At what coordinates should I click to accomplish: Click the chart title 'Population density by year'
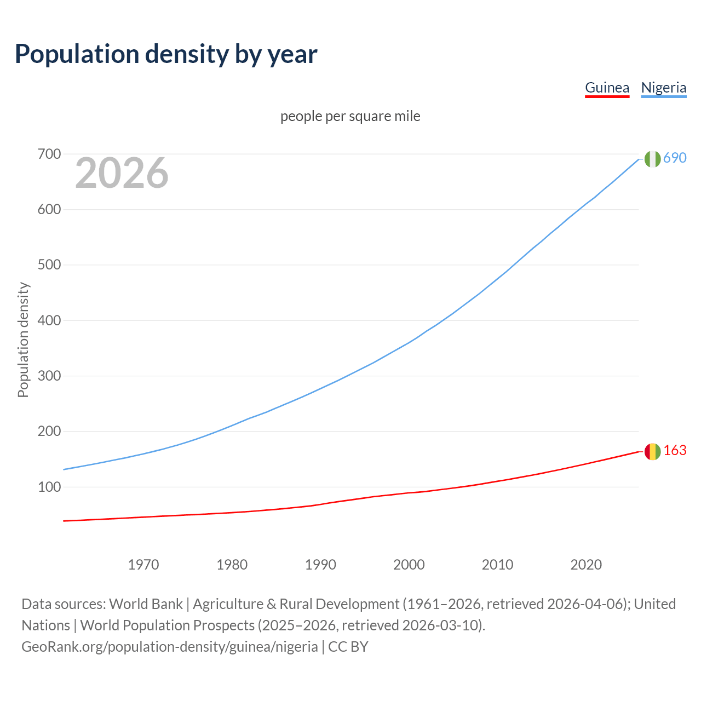(166, 54)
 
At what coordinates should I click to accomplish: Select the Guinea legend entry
(607, 88)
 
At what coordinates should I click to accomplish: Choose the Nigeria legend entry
(663, 88)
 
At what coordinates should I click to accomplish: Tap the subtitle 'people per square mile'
(350, 116)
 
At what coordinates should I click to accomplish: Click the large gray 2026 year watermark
(122, 173)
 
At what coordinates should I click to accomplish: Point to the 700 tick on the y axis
(49, 154)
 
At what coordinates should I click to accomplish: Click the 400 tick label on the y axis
(49, 320)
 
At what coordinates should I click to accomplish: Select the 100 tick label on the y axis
(49, 487)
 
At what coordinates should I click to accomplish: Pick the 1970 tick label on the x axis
(143, 565)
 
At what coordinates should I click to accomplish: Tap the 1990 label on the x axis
(320, 565)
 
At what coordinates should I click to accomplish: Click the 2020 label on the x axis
(586, 565)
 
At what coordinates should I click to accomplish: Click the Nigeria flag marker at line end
(652, 159)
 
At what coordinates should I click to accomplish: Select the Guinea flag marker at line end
(652, 451)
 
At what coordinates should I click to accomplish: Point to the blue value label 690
(675, 158)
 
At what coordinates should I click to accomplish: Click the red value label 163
(675, 450)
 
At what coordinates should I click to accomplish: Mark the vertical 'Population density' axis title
(23, 340)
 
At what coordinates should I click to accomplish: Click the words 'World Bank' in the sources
(146, 604)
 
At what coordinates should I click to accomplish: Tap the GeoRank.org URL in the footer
(170, 647)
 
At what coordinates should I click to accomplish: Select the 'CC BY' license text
(348, 647)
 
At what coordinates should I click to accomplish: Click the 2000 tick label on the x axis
(409, 565)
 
